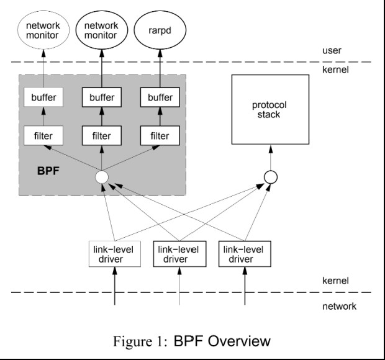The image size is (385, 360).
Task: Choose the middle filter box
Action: click(102, 135)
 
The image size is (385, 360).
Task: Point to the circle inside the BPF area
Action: click(102, 178)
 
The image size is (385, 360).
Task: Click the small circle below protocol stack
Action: click(270, 178)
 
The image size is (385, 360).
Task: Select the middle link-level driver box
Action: click(178, 253)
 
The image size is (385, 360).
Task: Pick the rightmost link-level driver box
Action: click(243, 253)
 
